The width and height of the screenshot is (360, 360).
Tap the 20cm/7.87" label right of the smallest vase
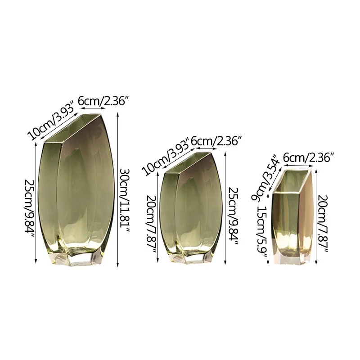[323, 223]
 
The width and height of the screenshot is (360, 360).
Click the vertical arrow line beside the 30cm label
[118, 189]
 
